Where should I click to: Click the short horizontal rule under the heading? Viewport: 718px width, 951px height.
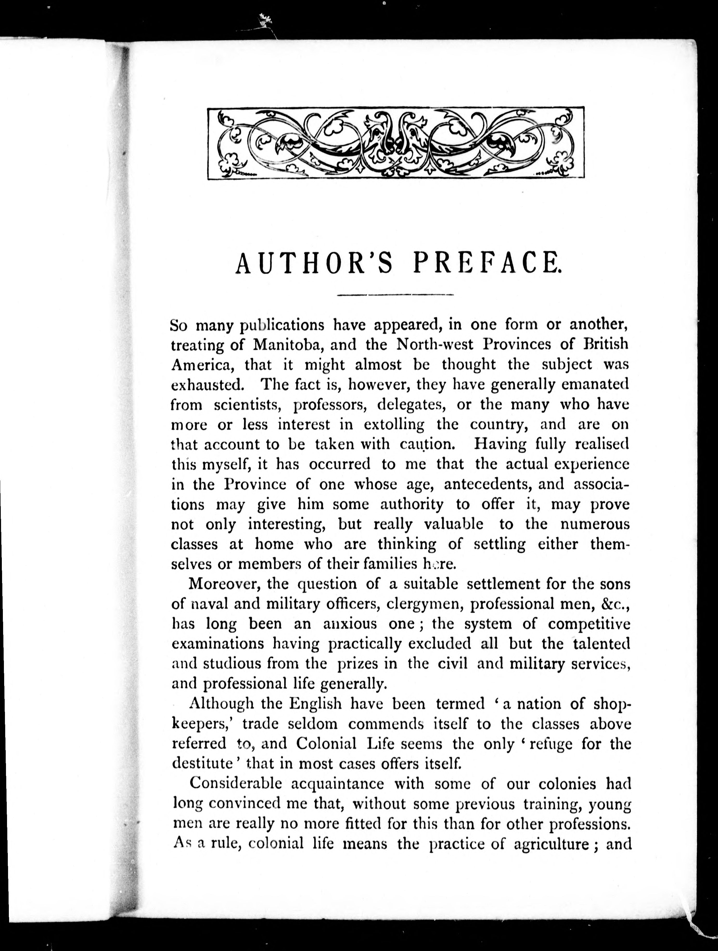tap(395, 295)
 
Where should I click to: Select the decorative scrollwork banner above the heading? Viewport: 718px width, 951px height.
tap(395, 143)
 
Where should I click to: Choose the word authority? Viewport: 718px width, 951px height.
tap(412, 505)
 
